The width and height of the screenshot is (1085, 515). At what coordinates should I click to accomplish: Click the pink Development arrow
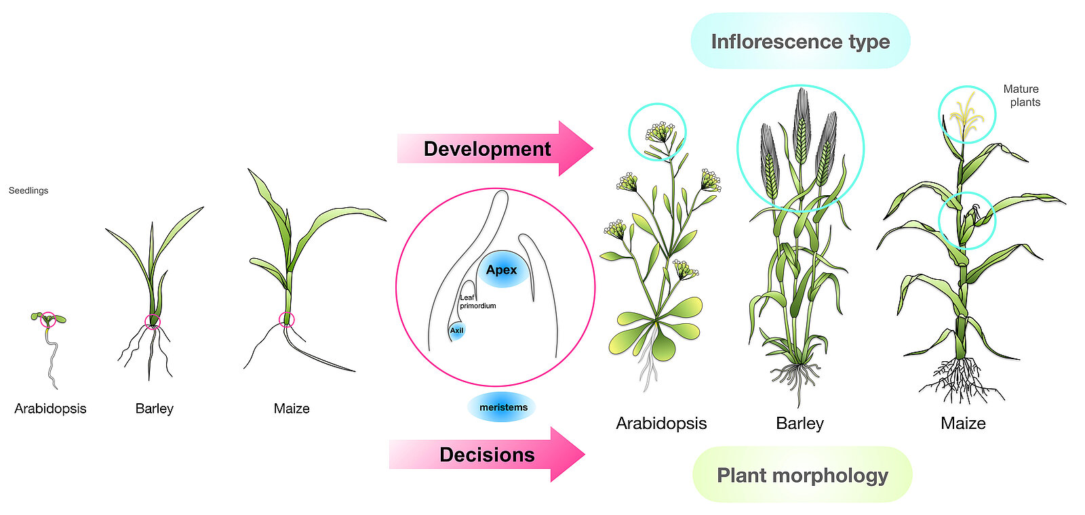pos(495,148)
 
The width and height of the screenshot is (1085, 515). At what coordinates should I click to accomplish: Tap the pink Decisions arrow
pos(487,455)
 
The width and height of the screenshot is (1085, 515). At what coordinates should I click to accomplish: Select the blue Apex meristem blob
pos(502,269)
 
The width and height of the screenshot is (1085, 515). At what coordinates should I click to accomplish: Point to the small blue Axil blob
pos(457,331)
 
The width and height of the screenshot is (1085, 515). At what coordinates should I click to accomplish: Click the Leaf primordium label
pos(477,302)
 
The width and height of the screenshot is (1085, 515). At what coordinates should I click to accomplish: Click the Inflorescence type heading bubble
pos(800,41)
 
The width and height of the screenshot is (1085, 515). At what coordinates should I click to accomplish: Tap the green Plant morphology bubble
pos(802,475)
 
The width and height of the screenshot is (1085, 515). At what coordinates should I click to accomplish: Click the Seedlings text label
pos(28,190)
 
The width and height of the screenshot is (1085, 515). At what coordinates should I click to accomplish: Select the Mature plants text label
pos(1021,96)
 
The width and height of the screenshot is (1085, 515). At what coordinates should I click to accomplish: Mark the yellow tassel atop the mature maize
pos(966,115)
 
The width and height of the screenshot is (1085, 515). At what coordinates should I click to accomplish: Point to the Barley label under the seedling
pos(155,409)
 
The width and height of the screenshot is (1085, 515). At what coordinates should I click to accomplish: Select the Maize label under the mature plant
pos(963,424)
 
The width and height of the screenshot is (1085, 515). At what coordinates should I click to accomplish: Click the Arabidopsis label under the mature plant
pos(661,424)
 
